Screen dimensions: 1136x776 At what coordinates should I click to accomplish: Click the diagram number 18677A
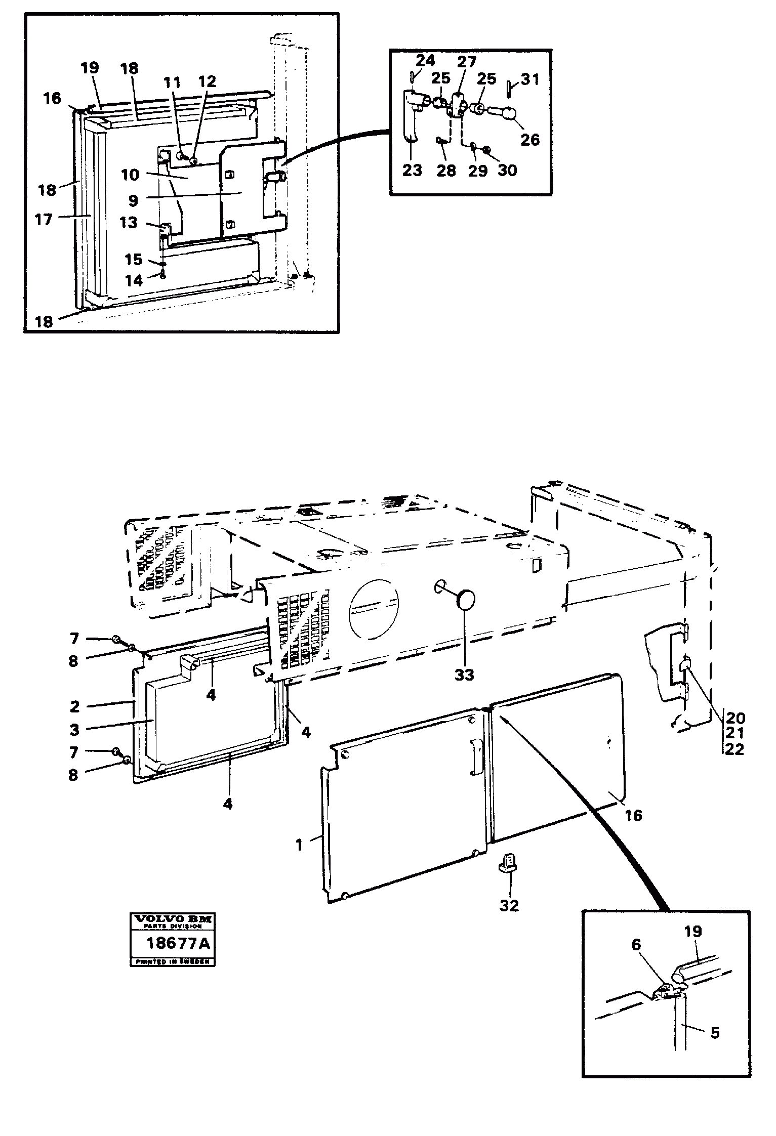tap(172, 944)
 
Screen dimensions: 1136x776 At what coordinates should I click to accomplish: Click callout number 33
tap(464, 675)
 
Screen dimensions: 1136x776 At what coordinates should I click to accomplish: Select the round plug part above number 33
tap(465, 600)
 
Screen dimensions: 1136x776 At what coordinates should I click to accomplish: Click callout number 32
tap(509, 905)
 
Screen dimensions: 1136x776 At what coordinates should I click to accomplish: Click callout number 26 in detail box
tap(530, 139)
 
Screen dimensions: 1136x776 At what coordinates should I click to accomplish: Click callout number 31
tap(529, 79)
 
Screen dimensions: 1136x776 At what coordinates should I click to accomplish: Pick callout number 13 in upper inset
tap(128, 222)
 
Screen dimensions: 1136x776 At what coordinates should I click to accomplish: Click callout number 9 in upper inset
tap(133, 200)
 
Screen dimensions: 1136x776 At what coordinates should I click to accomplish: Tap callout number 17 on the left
tap(44, 220)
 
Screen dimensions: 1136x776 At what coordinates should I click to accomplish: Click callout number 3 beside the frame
tap(74, 730)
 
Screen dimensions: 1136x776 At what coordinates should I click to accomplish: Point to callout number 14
tap(134, 280)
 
